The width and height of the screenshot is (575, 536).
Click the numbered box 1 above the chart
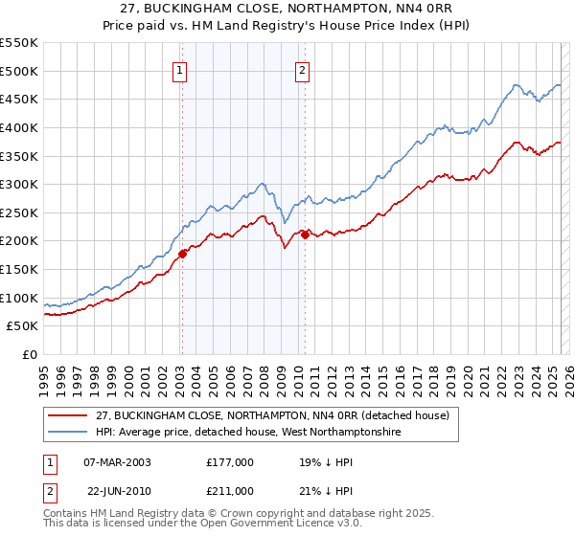pyautogui.click(x=180, y=69)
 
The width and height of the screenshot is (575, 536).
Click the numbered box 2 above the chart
pyautogui.click(x=303, y=69)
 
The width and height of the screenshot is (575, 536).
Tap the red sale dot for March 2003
pyautogui.click(x=182, y=254)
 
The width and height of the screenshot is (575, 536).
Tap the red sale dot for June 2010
pyautogui.click(x=305, y=234)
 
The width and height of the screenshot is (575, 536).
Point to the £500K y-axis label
pyautogui.click(x=18, y=71)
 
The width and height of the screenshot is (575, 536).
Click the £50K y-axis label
pyautogui.click(x=22, y=326)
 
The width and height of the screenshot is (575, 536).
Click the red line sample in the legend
pyautogui.click(x=67, y=415)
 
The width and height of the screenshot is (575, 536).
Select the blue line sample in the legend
pyautogui.click(x=67, y=433)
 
